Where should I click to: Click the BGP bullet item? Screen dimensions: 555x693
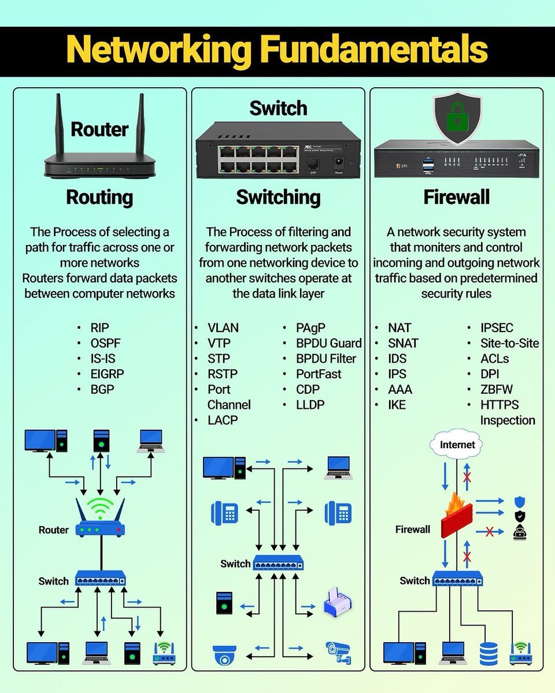pyautogui.click(x=102, y=389)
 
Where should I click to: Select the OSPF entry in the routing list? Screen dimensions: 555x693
pyautogui.click(x=105, y=343)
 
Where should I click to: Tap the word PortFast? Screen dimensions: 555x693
pyautogui.click(x=319, y=374)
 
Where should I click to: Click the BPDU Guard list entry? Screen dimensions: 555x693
pyautogui.click(x=329, y=343)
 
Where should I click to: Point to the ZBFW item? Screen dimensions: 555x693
pyautogui.click(x=496, y=389)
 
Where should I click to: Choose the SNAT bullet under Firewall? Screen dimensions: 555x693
pyautogui.click(x=403, y=343)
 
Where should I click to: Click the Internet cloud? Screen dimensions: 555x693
pyautogui.click(x=457, y=445)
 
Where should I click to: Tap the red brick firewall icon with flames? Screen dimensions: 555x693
pyautogui.click(x=457, y=515)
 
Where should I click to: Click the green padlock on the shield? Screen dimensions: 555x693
pyautogui.click(x=457, y=115)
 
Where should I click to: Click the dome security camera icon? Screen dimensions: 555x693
pyautogui.click(x=224, y=655)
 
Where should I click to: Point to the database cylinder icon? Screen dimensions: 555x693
pyautogui.click(x=489, y=654)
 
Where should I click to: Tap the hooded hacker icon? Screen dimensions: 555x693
pyautogui.click(x=520, y=532)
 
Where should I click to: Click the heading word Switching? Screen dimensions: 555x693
pyautogui.click(x=278, y=198)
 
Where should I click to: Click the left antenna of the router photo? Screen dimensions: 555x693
pyautogui.click(x=59, y=125)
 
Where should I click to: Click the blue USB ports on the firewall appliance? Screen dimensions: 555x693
pyautogui.click(x=428, y=166)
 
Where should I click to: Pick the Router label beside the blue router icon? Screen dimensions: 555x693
pyautogui.click(x=54, y=530)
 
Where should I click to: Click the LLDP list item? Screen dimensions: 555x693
pyautogui.click(x=310, y=405)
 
